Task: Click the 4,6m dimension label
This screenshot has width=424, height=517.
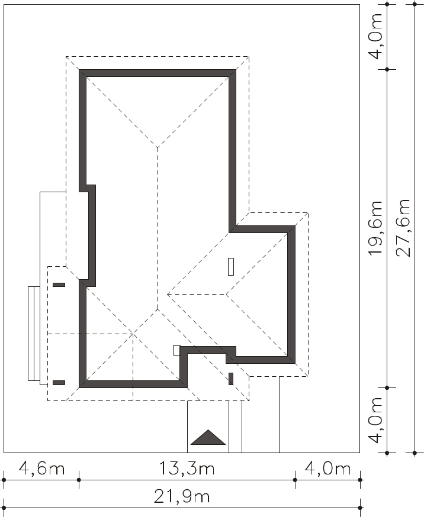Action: (41, 468)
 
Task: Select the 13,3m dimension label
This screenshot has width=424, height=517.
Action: (187, 468)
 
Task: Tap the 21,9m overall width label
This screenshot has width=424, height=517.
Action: (182, 496)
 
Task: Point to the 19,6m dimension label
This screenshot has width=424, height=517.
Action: (375, 228)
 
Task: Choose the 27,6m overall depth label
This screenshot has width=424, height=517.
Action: (403, 228)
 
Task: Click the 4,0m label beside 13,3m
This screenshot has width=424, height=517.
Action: (327, 468)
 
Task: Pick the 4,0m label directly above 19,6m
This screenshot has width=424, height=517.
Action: (375, 36)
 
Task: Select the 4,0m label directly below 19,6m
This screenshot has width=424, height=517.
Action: (375, 420)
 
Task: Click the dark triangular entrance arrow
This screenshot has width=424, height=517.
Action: (208, 438)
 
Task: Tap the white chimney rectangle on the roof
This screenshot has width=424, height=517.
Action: (231, 267)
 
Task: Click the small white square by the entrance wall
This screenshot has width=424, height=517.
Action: (177, 350)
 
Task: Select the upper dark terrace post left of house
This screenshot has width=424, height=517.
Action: (59, 285)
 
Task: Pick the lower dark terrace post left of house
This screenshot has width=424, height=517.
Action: (59, 383)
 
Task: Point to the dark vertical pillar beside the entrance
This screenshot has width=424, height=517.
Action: (231, 379)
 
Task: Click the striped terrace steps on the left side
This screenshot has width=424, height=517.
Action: (34, 334)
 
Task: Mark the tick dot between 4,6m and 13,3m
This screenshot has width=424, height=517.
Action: (79, 480)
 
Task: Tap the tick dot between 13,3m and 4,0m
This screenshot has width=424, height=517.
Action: (295, 480)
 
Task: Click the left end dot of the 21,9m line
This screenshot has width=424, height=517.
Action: (4, 508)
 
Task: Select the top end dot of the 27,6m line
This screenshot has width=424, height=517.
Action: (415, 4)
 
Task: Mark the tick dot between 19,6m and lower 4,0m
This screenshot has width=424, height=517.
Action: (387, 388)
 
